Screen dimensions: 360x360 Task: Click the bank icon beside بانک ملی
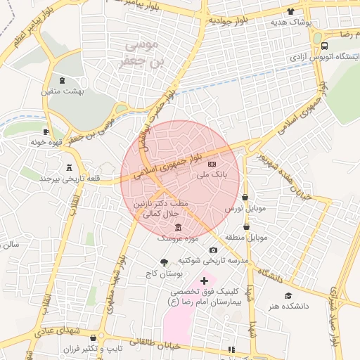click(213, 163)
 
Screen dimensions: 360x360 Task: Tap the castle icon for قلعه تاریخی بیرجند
click(69, 167)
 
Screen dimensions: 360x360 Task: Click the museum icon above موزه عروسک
click(176, 226)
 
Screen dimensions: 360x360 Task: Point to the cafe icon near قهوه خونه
click(46, 131)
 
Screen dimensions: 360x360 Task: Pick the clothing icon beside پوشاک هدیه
click(290, 11)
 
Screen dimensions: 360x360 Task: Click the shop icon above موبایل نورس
click(245, 198)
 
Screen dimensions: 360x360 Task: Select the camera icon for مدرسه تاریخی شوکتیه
click(212, 250)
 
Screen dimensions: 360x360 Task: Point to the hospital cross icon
click(204, 281)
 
